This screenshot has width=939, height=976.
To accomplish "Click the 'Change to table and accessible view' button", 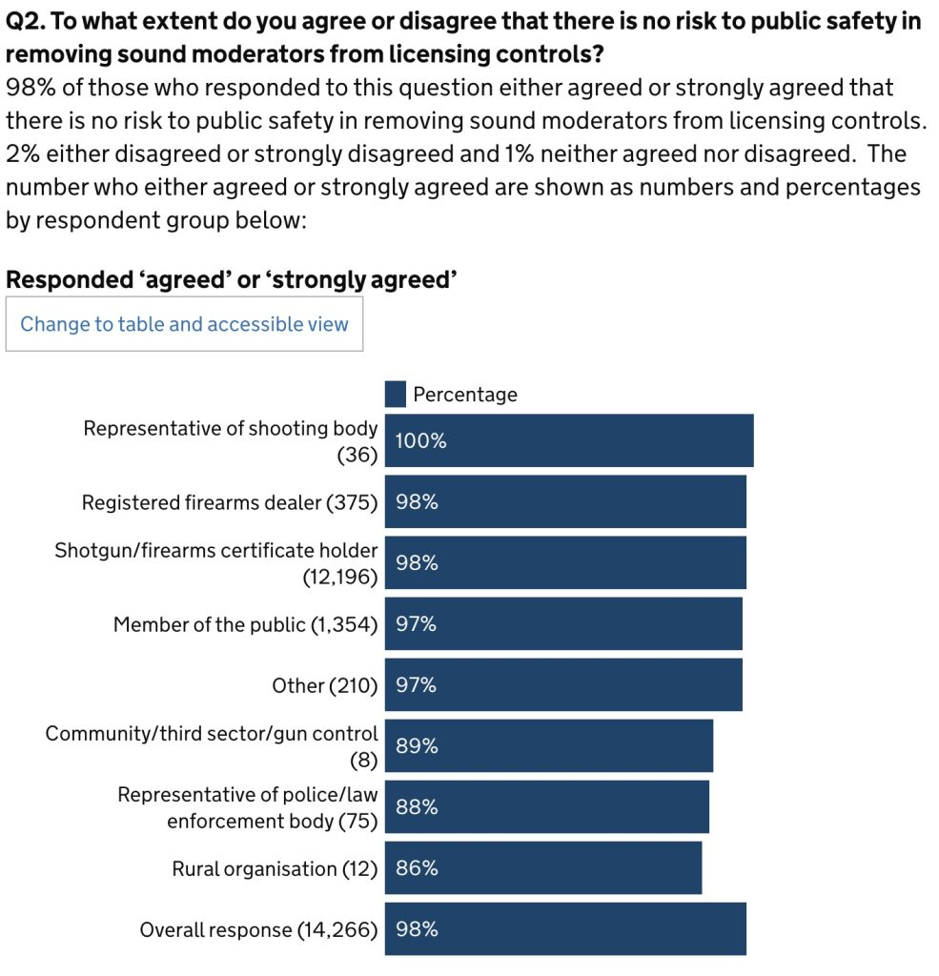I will coord(184,324).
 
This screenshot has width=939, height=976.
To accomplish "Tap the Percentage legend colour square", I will coord(396,394).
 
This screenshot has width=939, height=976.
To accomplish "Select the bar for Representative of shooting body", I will coord(569,440).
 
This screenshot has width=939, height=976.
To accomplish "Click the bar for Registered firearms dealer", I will coord(565,501).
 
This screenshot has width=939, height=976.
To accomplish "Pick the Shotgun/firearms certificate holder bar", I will coord(565,562).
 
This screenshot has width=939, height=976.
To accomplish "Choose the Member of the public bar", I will coord(563,623).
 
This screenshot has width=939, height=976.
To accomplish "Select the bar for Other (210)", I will coord(563,684).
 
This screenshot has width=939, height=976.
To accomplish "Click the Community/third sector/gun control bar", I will coord(549,745).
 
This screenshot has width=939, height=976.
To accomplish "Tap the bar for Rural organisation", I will coord(543,867).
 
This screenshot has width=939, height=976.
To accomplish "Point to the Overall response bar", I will coord(565,928).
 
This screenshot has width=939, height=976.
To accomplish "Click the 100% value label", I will coord(420,441).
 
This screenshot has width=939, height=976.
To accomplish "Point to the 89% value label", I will coord(417,746).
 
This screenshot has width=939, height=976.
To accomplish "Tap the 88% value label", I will coord(417,807).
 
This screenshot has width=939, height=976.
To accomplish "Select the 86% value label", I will coord(417,868).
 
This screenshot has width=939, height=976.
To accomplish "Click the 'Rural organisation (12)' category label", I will coord(275,868).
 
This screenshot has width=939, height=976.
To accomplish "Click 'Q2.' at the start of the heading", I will coord(25,22).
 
